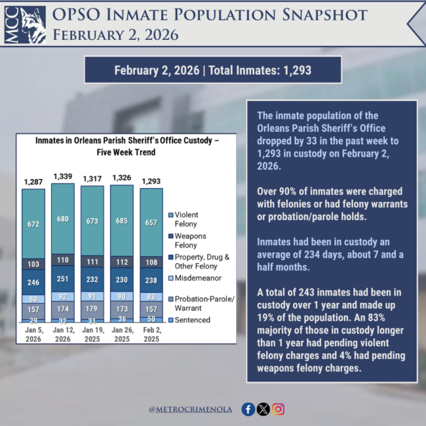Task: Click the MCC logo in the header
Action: tap(24, 25)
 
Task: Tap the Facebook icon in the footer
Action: tap(248, 409)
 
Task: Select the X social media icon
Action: tap(263, 409)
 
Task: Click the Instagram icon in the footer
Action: tap(279, 409)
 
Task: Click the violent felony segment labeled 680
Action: tap(63, 218)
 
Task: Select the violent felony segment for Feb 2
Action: tap(151, 222)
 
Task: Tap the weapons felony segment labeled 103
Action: tap(33, 263)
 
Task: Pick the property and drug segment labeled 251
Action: tap(63, 279)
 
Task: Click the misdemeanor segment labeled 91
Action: tap(92, 296)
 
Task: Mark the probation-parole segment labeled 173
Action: tap(122, 307)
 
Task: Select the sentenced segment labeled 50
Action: tap(151, 319)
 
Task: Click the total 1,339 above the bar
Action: tap(63, 176)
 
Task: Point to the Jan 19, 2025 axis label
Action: tap(92, 335)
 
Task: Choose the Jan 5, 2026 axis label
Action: tap(33, 335)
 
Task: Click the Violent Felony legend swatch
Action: tap(170, 215)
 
